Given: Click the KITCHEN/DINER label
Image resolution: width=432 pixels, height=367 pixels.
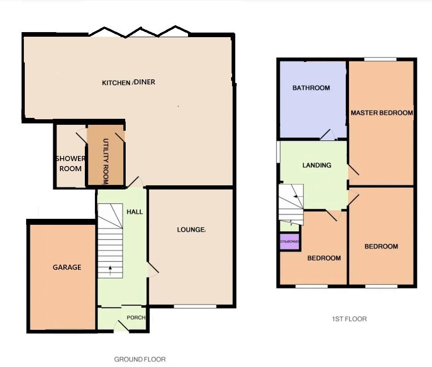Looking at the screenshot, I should click(x=128, y=83).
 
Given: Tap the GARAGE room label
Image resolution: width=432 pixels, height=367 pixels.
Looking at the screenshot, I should click(x=66, y=267).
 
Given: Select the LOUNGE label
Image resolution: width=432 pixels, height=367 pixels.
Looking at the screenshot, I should click(x=191, y=229).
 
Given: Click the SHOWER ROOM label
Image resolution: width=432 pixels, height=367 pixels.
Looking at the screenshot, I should click(x=71, y=163).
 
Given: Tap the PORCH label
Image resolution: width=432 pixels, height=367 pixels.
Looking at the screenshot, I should click(x=136, y=317).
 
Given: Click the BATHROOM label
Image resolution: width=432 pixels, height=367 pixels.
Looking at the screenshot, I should click(x=311, y=88).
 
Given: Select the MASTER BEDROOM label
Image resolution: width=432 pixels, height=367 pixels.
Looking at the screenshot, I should click(x=382, y=112).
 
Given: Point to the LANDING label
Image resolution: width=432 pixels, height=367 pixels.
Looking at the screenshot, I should click(x=316, y=165).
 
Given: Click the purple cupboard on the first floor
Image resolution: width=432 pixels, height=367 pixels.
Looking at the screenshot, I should click(x=289, y=241).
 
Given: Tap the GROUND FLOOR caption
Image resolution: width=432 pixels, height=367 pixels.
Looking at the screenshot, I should click(x=139, y=359).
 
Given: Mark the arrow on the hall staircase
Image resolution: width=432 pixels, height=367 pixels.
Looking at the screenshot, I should click(x=110, y=269).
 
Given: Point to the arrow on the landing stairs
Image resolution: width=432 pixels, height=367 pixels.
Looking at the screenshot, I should click(x=295, y=196).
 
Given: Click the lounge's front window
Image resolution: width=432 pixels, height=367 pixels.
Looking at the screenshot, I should click(x=188, y=306).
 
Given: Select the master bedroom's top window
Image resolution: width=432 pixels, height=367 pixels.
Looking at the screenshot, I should click(x=380, y=59).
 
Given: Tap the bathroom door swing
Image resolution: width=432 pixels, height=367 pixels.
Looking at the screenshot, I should click(x=327, y=135).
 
